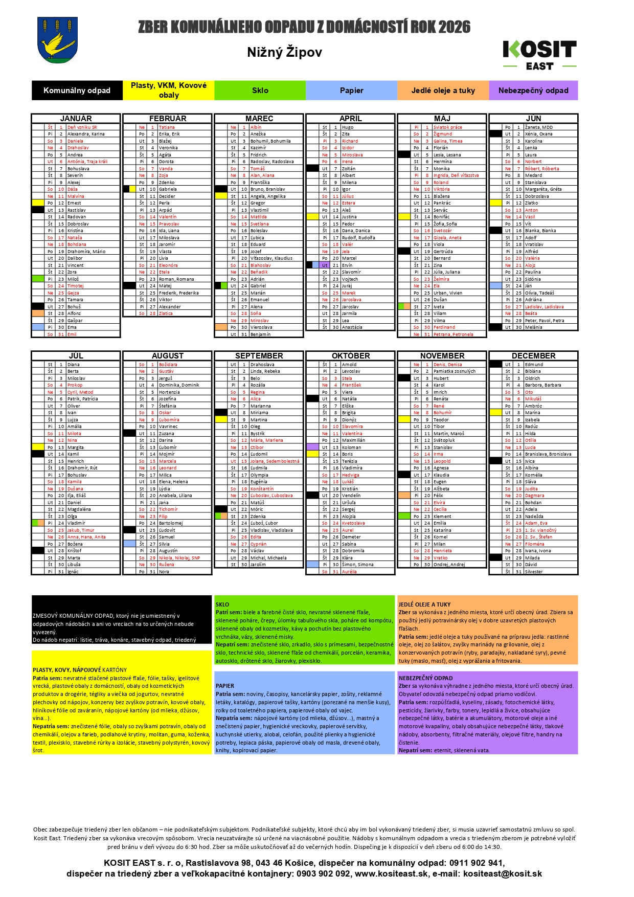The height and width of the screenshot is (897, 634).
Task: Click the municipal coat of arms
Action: coord(57,40)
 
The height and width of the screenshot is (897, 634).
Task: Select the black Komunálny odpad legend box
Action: coord(77,91)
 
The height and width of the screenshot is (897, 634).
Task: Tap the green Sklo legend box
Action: coord(260,91)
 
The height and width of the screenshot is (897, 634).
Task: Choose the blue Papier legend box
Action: coord(351,91)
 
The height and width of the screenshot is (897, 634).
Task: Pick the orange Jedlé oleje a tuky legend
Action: coord(443,91)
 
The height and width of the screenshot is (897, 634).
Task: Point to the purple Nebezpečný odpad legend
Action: coord(533,91)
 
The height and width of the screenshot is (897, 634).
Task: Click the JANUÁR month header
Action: coord(76,119)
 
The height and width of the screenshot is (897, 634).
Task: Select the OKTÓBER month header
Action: coord(350,356)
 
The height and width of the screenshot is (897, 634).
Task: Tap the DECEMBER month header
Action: coord(533,356)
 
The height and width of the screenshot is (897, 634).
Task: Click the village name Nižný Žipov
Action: coord(284,52)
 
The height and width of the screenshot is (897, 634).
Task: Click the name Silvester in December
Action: coord(534,572)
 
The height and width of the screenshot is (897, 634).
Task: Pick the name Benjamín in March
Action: coord(261,334)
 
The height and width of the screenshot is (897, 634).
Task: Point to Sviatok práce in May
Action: coord(447,127)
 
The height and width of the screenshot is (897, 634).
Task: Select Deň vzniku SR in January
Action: coord(82,127)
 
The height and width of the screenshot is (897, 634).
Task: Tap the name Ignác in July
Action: coord(73,572)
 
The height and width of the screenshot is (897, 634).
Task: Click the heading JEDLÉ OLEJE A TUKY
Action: coord(424,604)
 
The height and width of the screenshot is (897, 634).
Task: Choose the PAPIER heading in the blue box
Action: coord(225,686)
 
